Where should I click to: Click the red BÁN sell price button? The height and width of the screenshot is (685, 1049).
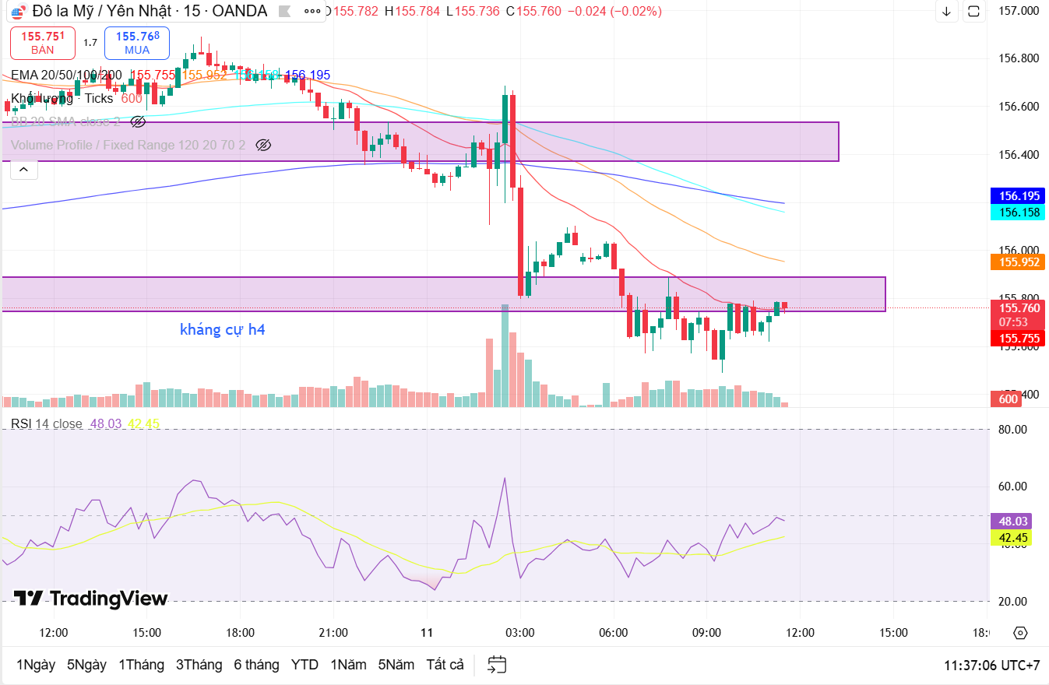(x=43, y=43)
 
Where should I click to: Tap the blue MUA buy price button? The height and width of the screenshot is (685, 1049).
(x=137, y=43)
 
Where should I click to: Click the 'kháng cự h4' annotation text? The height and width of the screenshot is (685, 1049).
(x=222, y=329)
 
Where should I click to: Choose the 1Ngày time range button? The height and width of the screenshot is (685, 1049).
(x=36, y=665)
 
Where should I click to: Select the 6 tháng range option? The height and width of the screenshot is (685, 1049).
(x=256, y=665)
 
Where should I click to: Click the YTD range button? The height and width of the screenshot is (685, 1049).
(x=304, y=665)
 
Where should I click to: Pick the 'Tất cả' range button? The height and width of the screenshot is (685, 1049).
(x=445, y=665)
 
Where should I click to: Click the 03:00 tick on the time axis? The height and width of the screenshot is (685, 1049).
(x=519, y=632)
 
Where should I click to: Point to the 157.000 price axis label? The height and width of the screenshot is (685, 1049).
(x=1019, y=11)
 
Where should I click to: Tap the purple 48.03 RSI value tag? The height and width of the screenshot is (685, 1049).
(x=1014, y=522)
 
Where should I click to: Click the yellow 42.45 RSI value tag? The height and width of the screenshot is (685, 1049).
(x=1014, y=538)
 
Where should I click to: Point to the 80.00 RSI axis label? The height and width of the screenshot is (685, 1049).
(x=1013, y=429)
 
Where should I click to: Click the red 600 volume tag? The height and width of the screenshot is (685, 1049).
(x=1008, y=399)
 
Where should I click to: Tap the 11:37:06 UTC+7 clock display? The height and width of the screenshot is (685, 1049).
(x=991, y=666)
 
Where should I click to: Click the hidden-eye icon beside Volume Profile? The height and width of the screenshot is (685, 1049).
(x=263, y=145)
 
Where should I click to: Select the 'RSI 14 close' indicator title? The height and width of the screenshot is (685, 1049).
(x=47, y=423)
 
